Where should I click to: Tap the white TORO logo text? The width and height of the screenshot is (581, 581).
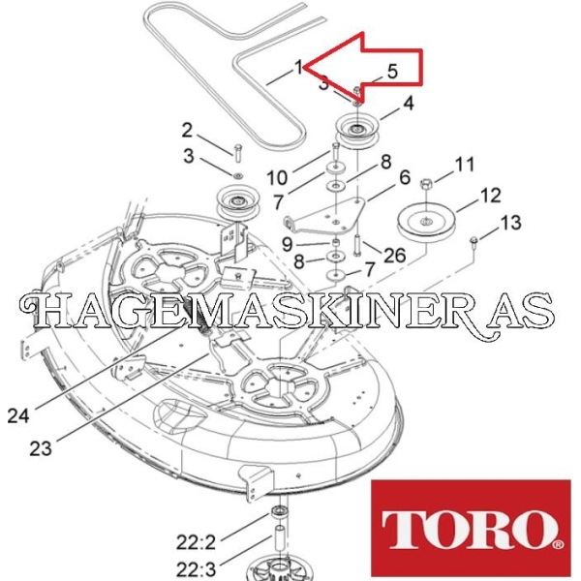click(471, 529)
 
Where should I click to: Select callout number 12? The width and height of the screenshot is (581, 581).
click(491, 196)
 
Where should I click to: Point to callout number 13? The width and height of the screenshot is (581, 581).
click(510, 223)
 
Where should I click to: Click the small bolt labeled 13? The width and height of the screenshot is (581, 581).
click(474, 240)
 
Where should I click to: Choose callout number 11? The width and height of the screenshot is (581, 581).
click(464, 165)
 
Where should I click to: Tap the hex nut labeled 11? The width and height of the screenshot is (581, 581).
click(426, 183)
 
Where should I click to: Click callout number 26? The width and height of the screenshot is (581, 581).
click(395, 255)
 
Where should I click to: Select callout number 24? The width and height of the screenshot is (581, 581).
click(18, 415)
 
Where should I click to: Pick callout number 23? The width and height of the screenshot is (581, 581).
click(41, 448)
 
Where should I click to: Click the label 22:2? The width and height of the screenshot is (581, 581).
click(196, 543)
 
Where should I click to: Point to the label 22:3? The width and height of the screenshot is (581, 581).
click(196, 568)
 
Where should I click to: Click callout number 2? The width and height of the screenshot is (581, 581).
click(187, 131)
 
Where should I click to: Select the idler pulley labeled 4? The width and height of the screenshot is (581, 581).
click(356, 133)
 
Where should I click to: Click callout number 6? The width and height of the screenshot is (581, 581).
click(405, 177)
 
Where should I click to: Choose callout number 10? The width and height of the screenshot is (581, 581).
click(277, 178)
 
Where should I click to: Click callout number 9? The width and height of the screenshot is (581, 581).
click(288, 244)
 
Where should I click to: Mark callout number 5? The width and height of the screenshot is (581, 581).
click(392, 71)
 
